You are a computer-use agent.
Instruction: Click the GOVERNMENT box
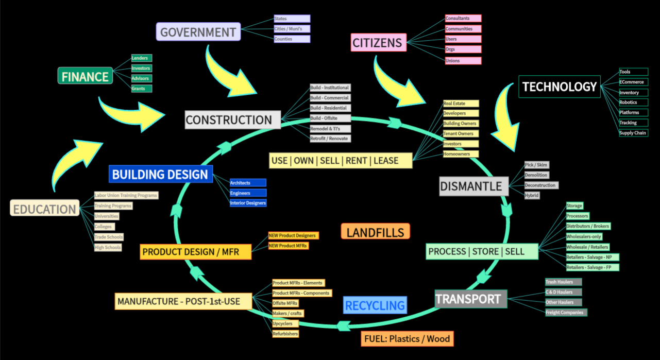[198, 32]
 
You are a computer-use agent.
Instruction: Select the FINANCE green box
[85, 77]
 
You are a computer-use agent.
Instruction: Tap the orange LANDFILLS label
[375, 232]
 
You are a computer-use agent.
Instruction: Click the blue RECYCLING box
[375, 305]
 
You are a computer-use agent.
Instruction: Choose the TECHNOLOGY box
[560, 87]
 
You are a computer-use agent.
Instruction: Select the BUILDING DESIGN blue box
[160, 174]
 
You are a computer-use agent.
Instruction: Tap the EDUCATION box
[44, 209]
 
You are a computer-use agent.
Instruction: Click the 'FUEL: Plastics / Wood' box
[407, 339]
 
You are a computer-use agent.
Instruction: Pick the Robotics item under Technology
[628, 102]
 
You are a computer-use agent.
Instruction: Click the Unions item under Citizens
[463, 61]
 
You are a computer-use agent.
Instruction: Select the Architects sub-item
[248, 183]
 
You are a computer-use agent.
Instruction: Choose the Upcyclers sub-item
[285, 323]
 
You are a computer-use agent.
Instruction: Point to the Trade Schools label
[109, 237]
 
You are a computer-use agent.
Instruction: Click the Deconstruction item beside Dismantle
[541, 185]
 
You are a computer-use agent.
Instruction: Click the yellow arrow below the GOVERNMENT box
[227, 72]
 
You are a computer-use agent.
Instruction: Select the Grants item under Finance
[141, 89]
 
